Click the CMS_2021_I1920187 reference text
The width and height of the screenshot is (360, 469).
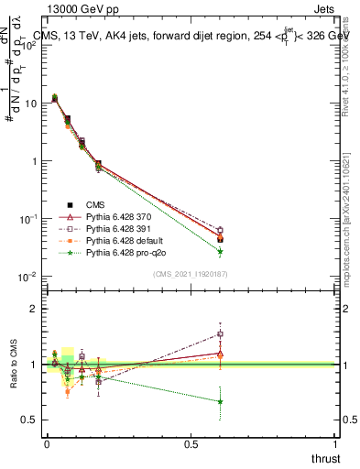(x=190, y=274)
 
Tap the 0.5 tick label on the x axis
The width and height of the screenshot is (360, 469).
(x=190, y=444)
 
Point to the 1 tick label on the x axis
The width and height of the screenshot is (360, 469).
(x=335, y=444)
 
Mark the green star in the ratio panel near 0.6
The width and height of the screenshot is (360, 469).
(x=220, y=401)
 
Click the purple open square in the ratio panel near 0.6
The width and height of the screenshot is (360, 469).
(x=220, y=334)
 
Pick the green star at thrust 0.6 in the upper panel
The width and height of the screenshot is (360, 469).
(x=220, y=251)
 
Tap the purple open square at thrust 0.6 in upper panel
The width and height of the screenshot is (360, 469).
(x=220, y=231)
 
